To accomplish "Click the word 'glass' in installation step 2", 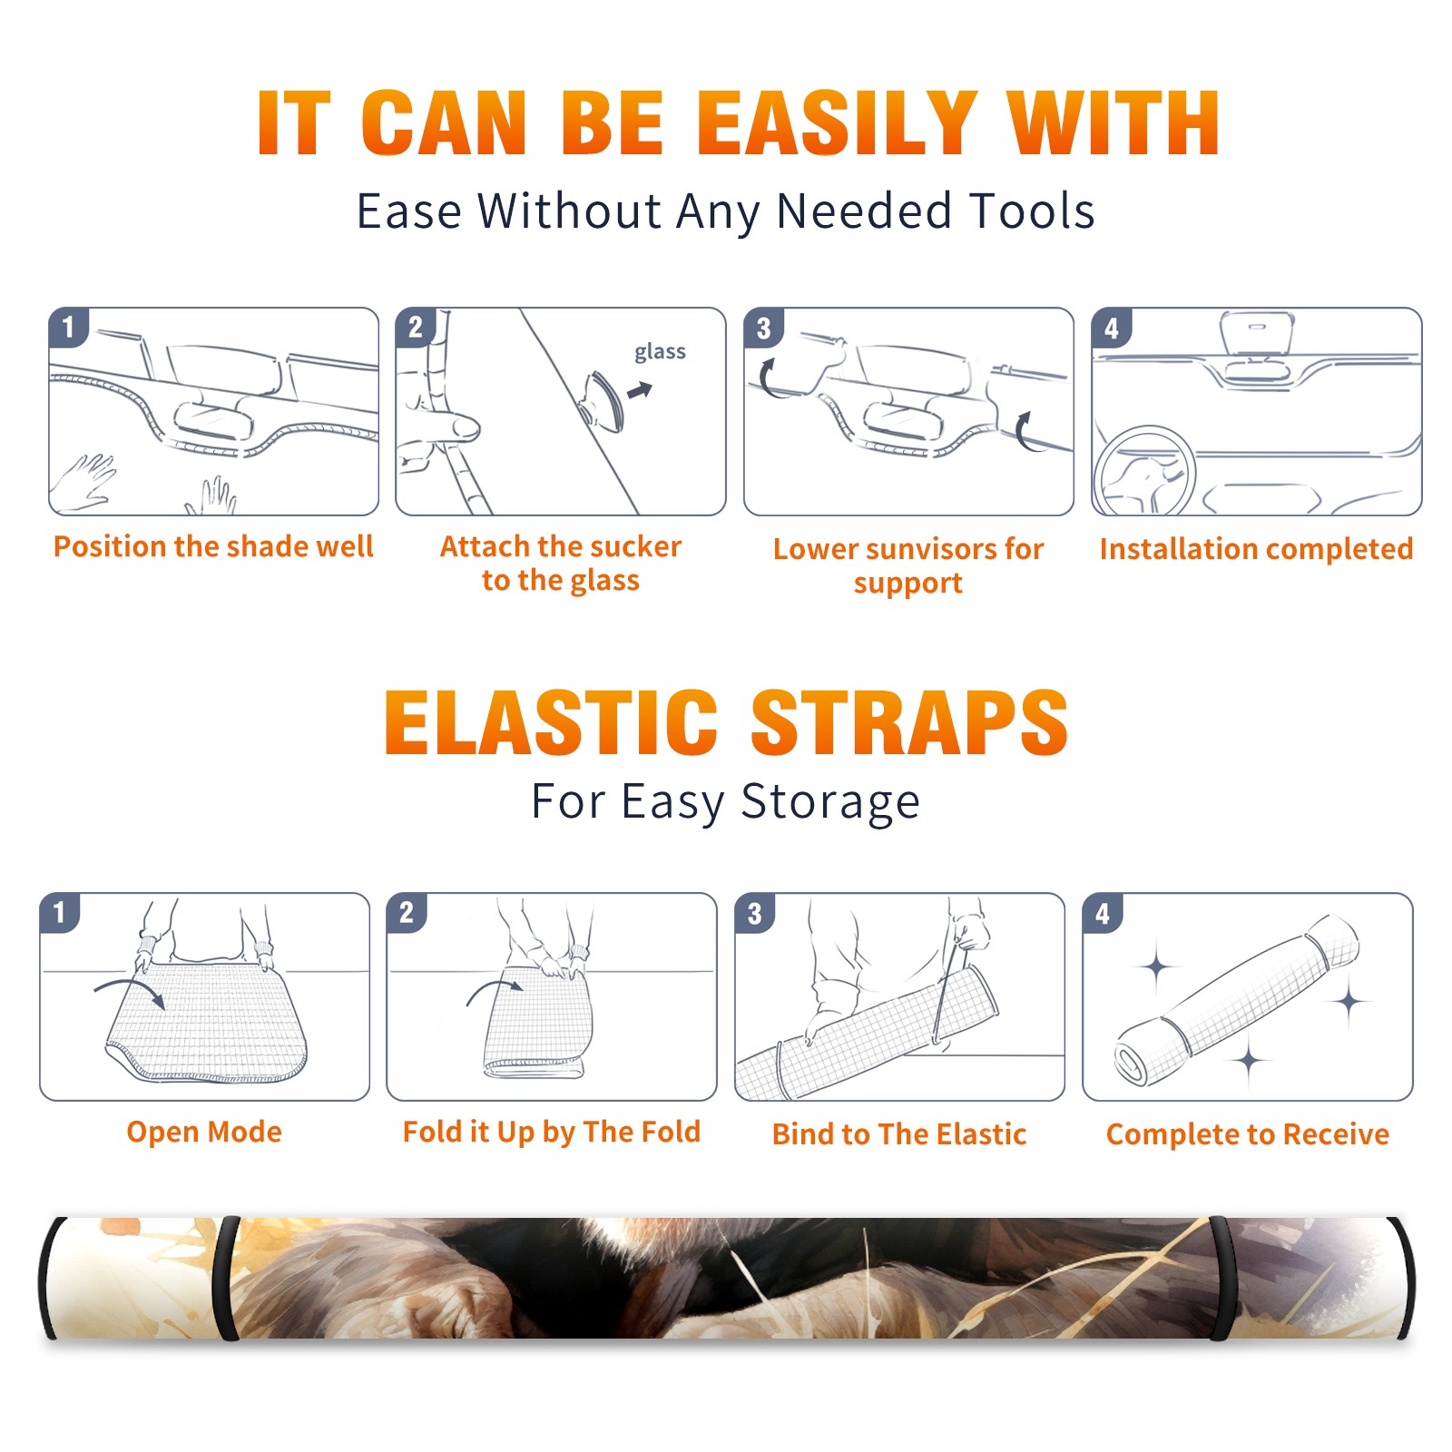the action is pos(660,352).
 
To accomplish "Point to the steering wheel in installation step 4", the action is pos(1144,469).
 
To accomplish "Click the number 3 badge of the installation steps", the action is pos(764,329).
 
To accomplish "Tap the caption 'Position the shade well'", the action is pos(213,546).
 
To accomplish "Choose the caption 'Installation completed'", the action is pos(1256,548).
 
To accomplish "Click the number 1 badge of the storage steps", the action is pos(60,913).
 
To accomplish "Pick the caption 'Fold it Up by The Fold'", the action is pos(552,1132).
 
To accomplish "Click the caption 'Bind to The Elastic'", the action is pos(899,1134).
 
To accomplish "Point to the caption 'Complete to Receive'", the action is pos(1248,1134).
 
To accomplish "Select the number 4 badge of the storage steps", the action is pos(1103,913).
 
